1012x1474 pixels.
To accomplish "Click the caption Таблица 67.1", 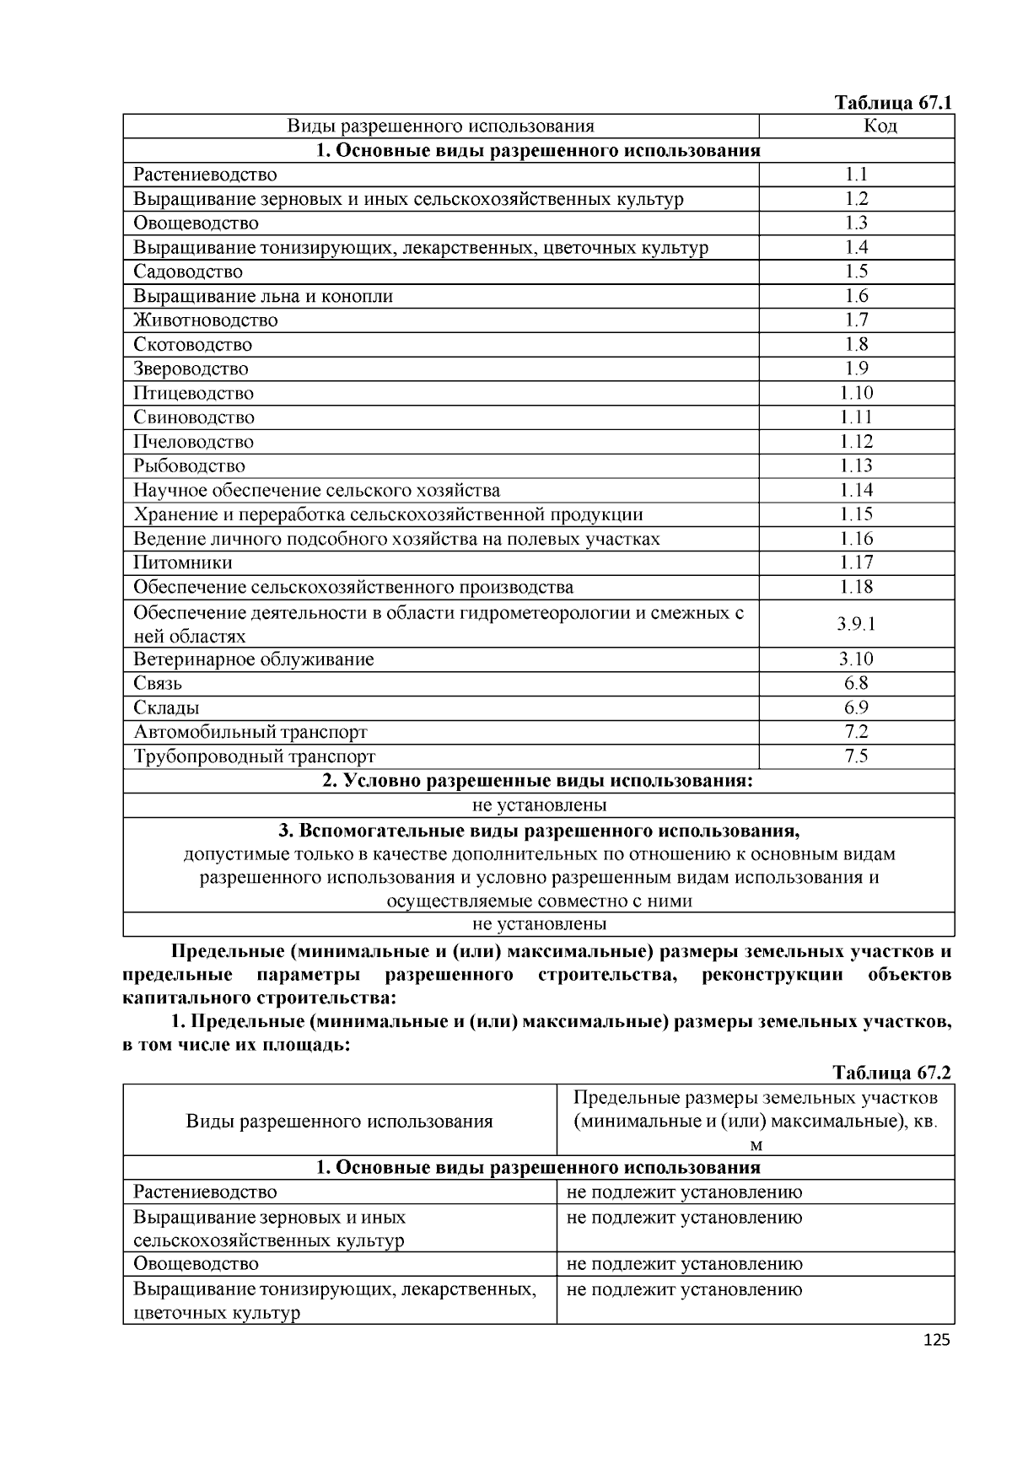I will point(892,103).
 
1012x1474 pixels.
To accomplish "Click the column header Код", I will point(856,126).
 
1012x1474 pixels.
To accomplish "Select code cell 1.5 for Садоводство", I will point(856,272).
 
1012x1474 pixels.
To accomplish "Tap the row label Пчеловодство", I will point(193,442).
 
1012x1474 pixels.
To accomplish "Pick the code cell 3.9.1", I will point(856,624).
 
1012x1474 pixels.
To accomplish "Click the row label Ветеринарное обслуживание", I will point(253,659).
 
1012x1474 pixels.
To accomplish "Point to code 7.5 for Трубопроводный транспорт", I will point(856,756).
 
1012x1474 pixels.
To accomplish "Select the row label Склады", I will point(166,708).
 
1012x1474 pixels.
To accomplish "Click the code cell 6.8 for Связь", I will point(856,684).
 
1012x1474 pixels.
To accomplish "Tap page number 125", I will point(936,1340).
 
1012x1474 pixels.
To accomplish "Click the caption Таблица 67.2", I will point(891,1073).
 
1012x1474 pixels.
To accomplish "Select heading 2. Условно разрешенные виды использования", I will point(538,781).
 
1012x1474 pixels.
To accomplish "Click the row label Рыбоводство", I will point(189,466).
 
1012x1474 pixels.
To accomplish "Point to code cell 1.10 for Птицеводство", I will point(856,393).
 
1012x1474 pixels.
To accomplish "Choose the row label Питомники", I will point(182,563).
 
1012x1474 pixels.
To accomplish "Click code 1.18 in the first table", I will point(856,587).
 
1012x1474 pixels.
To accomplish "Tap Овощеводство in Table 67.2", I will point(196,1264).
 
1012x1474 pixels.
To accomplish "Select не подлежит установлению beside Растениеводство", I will point(684,1192).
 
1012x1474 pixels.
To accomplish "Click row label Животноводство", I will point(205,320).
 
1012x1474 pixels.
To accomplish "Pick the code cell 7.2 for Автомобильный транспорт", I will point(856,732).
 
